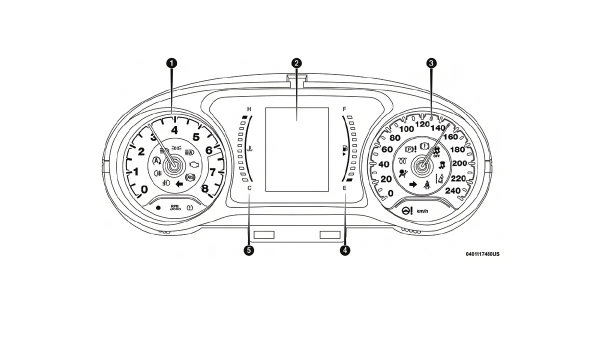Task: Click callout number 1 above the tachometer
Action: pos(171,63)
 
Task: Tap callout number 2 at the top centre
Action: pos(297,63)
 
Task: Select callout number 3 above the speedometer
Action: pos(431,63)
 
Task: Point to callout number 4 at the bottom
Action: pos(344,250)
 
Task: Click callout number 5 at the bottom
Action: pos(249,250)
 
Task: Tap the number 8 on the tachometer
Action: pos(204,188)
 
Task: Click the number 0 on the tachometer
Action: pos(144,189)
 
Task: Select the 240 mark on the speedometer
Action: pos(452,190)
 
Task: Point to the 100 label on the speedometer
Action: pos(406,129)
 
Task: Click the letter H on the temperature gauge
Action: pos(249,109)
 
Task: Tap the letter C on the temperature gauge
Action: pos(249,188)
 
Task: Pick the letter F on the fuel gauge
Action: pos(344,109)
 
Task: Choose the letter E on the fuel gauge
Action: pos(344,188)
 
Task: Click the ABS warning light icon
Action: pos(189,177)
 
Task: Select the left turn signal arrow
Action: pos(179,184)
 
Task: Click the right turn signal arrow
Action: pos(413,184)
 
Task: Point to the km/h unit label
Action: pos(422,211)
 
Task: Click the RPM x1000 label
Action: pos(175,207)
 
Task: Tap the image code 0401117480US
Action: pos(482,254)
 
